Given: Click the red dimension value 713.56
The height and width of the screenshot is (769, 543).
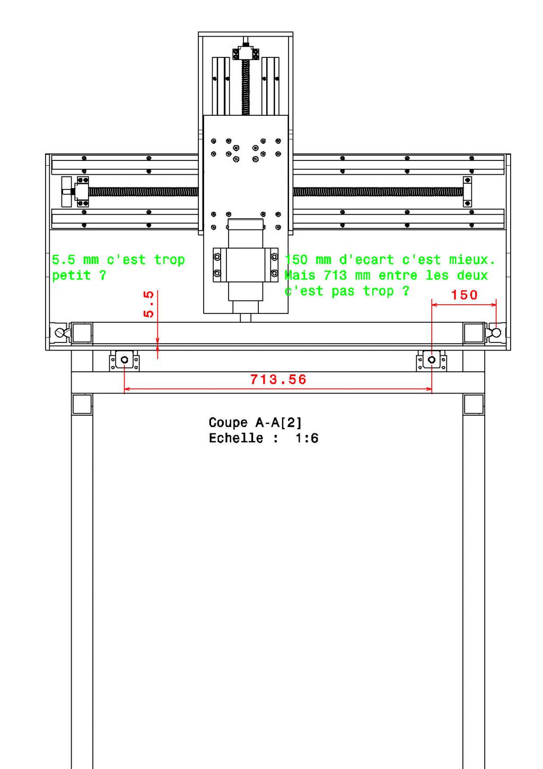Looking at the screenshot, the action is point(278,379).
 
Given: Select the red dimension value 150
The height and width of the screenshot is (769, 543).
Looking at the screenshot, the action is point(464,295).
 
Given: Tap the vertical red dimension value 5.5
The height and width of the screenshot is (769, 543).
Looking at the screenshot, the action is point(149,304).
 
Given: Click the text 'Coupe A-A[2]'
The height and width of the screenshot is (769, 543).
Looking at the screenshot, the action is point(255,423).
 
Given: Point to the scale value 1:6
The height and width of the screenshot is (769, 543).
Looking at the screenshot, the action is point(307,438).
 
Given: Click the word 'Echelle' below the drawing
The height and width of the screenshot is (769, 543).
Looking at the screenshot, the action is point(236,438).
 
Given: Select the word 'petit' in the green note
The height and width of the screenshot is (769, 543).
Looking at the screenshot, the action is point(71,276).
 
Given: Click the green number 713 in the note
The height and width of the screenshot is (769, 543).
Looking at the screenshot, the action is point(335,275).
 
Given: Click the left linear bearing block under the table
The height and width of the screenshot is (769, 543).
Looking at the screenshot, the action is point(125,361).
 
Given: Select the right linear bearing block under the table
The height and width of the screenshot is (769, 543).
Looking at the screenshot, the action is point(432,361).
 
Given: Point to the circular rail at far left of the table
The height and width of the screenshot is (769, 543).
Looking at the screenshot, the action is point(59,332).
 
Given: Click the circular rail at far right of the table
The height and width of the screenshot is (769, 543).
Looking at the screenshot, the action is point(496,332).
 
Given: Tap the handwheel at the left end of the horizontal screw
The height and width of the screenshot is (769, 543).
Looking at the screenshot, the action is point(66,192).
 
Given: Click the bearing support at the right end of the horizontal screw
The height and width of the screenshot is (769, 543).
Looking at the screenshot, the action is point(467,192).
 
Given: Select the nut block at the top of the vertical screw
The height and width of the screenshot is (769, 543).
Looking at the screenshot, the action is point(246,54).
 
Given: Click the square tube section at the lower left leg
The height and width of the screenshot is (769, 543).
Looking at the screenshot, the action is point(82,404).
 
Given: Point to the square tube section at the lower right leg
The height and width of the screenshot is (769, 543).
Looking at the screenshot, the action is point(474,404).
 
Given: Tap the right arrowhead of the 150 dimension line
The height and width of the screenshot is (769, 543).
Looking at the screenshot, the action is point(494,304).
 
